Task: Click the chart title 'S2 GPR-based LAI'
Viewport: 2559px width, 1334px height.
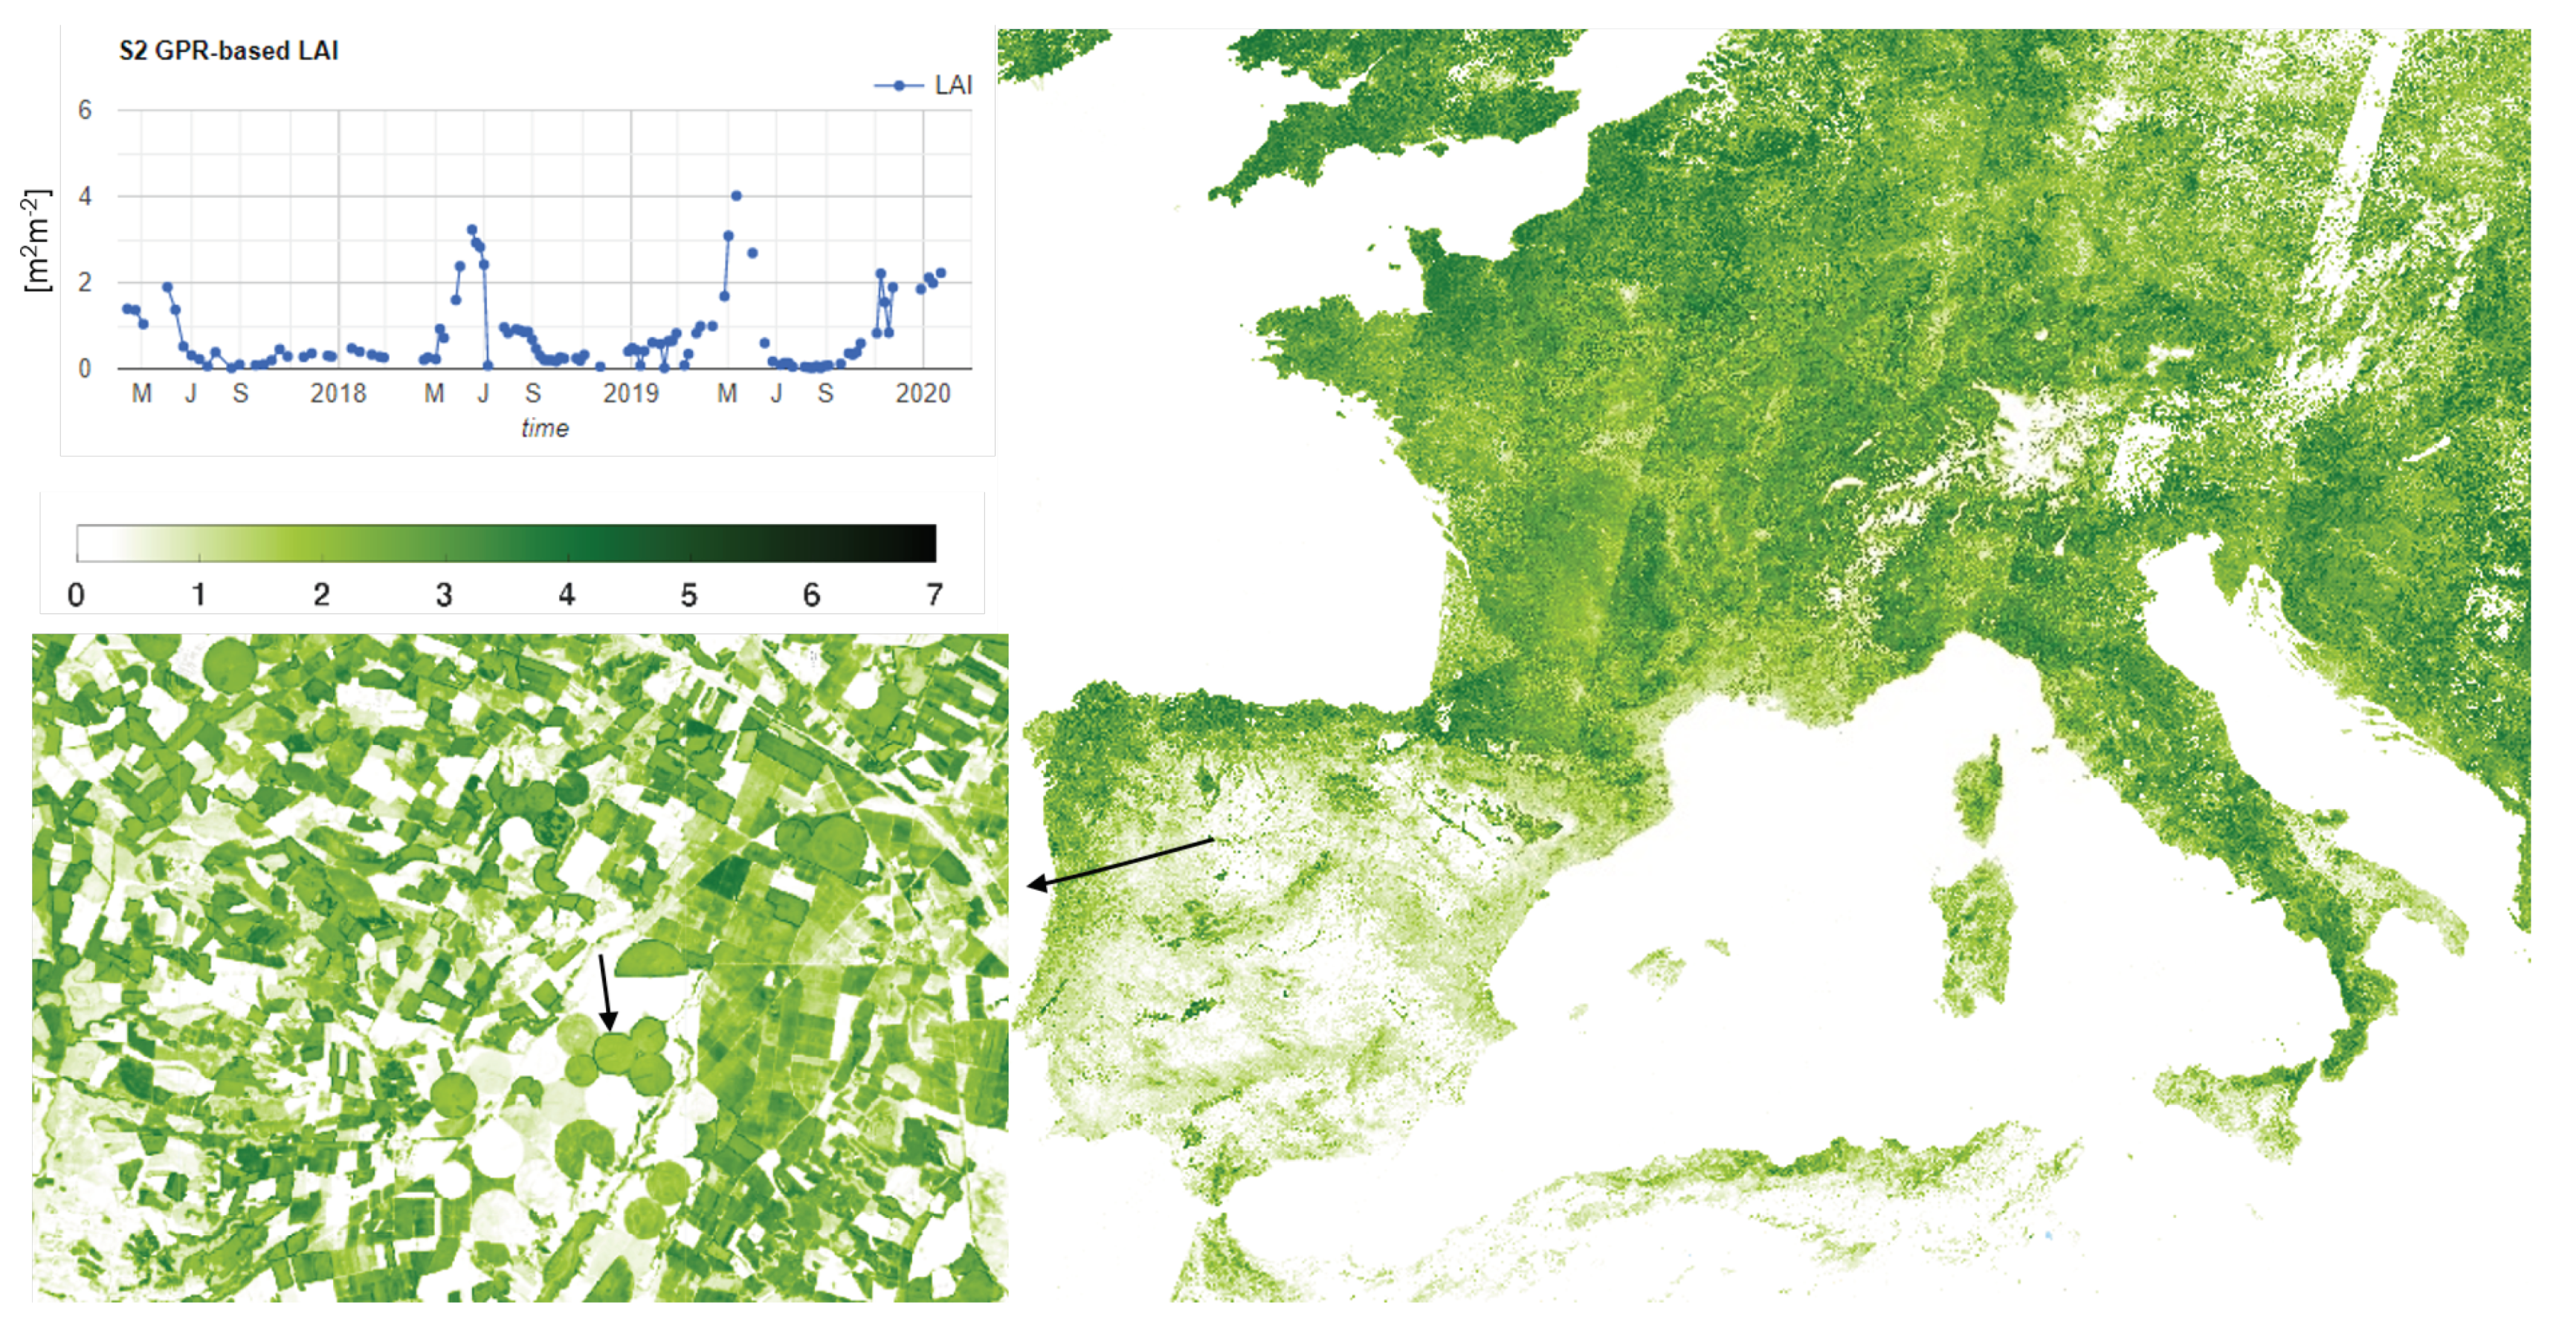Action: [228, 51]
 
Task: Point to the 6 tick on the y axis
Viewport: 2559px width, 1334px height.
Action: [85, 110]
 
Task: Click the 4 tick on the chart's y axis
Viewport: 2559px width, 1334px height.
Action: [85, 196]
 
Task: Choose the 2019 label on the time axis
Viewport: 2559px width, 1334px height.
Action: [630, 394]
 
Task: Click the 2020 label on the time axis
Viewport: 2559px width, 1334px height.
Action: [923, 394]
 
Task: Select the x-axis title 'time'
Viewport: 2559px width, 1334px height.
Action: [544, 429]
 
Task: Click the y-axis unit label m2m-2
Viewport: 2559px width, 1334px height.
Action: [36, 240]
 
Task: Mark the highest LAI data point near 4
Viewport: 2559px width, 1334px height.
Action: [736, 196]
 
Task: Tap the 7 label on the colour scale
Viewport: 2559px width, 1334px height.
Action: [934, 596]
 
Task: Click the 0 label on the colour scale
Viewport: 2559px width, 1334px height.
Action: [77, 596]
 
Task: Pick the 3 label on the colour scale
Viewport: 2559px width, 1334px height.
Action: [444, 596]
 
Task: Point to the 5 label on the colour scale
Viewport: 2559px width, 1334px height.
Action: [688, 596]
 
